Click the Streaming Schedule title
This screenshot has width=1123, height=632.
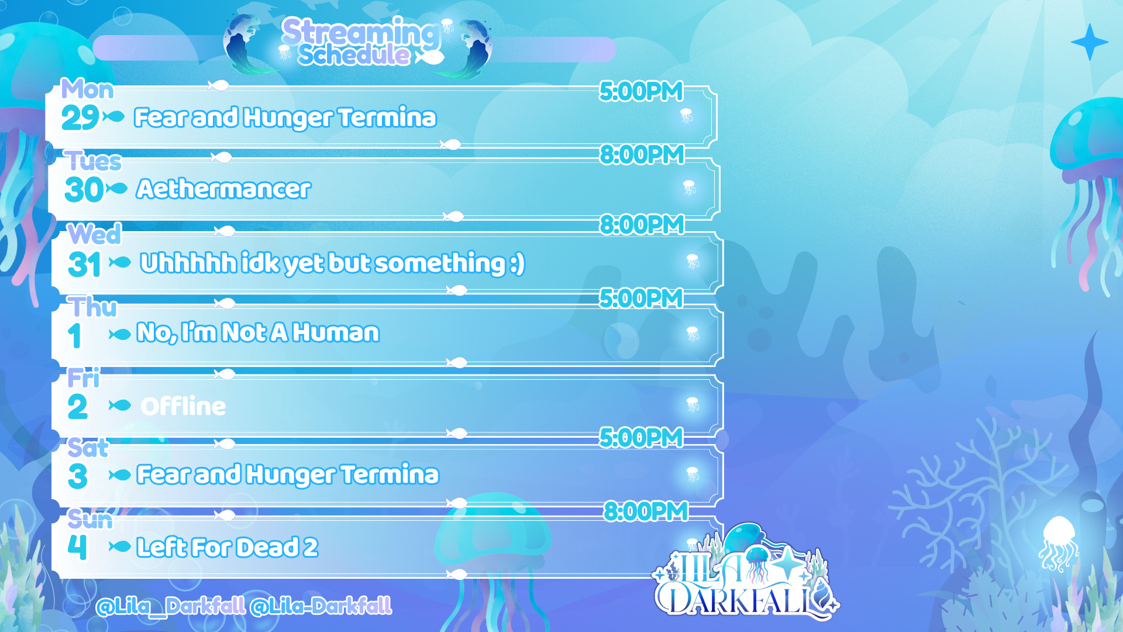point(361,42)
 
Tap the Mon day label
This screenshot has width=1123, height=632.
point(88,90)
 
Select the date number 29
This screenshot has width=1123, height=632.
point(80,118)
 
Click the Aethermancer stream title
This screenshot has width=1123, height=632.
point(223,189)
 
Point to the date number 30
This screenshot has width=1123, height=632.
point(84,190)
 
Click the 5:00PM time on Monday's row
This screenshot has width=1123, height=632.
point(641,91)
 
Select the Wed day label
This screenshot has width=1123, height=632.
point(95,234)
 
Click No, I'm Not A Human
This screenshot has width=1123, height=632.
point(258,332)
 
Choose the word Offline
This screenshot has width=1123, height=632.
point(183,406)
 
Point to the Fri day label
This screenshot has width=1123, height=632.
point(84,378)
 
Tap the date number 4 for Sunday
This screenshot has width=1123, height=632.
point(77,547)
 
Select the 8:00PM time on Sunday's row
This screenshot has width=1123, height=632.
point(646,511)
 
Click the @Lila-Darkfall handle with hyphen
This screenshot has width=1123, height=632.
point(321,606)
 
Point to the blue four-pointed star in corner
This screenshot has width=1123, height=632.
point(1089,42)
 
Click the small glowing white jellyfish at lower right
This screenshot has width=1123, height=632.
point(1058,544)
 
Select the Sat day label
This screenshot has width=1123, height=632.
point(88,448)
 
